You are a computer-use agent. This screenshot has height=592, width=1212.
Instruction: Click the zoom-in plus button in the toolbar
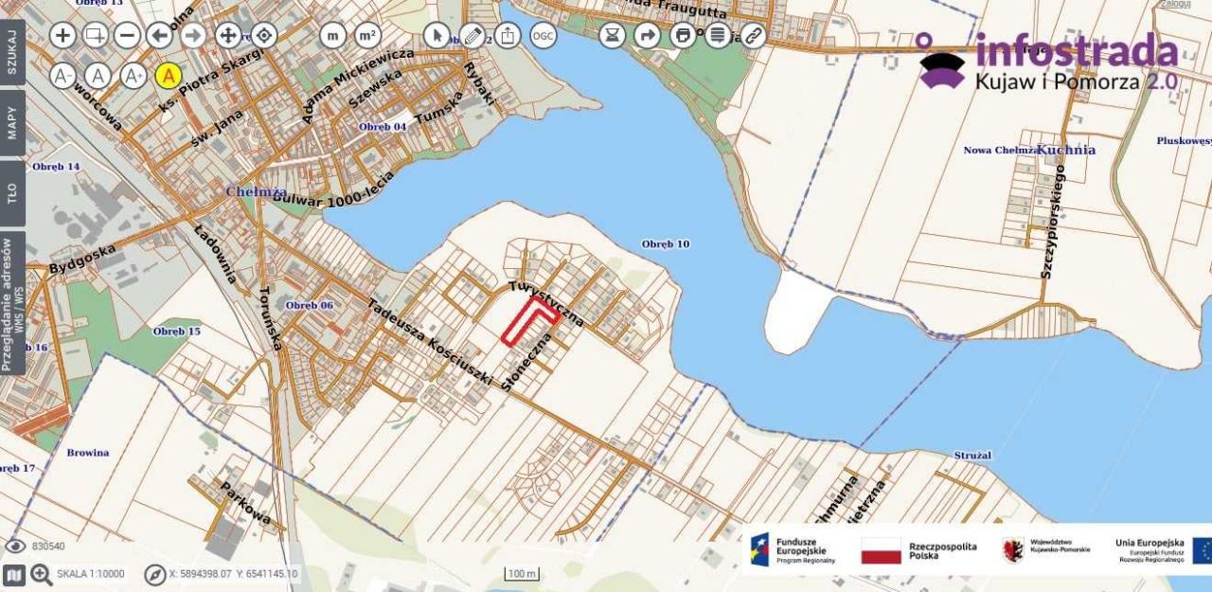tap(62, 36)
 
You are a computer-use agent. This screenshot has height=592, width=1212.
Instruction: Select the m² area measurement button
tap(367, 36)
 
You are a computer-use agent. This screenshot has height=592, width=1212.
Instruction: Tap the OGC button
tap(543, 36)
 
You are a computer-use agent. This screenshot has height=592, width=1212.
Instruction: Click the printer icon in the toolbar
tap(683, 36)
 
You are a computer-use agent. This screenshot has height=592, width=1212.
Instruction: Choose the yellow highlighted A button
tap(168, 76)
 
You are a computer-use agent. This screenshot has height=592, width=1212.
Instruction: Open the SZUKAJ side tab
tap(12, 52)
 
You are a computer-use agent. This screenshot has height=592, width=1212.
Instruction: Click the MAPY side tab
tap(12, 122)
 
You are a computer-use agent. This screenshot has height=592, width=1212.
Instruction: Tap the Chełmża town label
tap(248, 191)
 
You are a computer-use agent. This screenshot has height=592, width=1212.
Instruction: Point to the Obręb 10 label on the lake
tap(665, 244)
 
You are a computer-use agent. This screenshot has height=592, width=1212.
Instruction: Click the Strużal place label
tap(972, 456)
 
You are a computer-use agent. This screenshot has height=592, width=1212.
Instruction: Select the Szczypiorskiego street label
tap(1053, 222)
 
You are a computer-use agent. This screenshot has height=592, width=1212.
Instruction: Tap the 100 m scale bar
tap(522, 574)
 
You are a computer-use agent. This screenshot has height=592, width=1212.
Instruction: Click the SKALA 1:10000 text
tap(90, 574)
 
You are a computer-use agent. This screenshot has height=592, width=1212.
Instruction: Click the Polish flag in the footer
tap(881, 550)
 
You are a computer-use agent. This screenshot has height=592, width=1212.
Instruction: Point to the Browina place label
tap(88, 453)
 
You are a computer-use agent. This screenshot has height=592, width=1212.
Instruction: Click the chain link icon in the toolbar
tap(753, 36)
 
